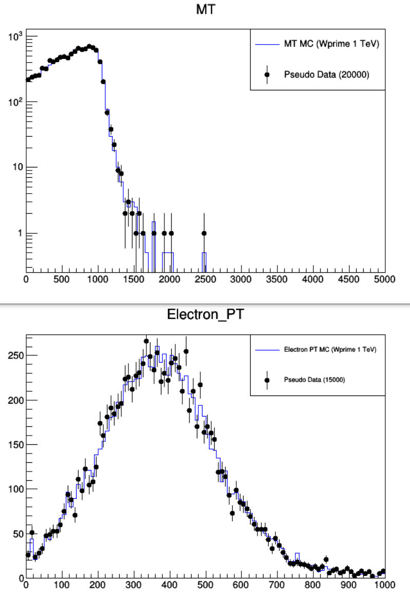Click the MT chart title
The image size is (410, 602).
point(206,9)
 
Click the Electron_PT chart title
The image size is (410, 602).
point(206,314)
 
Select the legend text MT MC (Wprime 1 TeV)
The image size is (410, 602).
point(332,44)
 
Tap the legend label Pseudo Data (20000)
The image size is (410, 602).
point(327,74)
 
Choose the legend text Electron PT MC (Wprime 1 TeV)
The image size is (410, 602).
point(330,349)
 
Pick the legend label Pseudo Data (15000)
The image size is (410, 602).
point(314,380)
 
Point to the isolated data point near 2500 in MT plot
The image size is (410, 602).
point(204,233)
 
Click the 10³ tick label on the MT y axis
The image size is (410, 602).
point(15,37)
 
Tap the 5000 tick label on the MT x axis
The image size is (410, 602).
point(385,279)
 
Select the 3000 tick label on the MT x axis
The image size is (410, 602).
point(241,279)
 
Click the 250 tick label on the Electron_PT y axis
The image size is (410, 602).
point(15,355)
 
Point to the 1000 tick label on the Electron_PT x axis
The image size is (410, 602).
point(385,585)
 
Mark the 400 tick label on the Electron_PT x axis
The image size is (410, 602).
point(170,585)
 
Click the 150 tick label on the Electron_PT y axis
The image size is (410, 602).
point(15,445)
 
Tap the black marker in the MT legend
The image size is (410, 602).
point(267,74)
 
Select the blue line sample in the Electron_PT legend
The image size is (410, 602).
point(267,350)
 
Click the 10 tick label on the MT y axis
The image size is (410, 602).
point(18,167)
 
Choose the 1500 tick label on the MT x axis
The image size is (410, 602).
point(134,279)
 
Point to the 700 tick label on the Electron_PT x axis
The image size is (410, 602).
point(277,585)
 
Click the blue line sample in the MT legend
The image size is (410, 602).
point(267,45)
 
